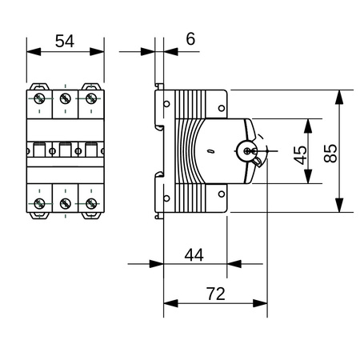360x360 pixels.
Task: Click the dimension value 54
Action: pyautogui.click(x=66, y=42)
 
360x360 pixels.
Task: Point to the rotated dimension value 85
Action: pyautogui.click(x=328, y=151)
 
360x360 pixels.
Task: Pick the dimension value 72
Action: pyautogui.click(x=214, y=294)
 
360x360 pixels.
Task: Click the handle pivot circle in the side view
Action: pyautogui.click(x=246, y=150)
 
